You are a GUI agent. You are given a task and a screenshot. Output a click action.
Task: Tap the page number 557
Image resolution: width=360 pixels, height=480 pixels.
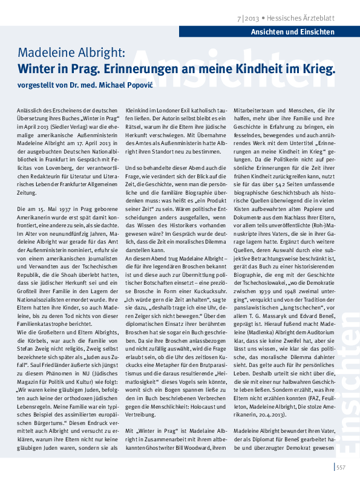point(341,466)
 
